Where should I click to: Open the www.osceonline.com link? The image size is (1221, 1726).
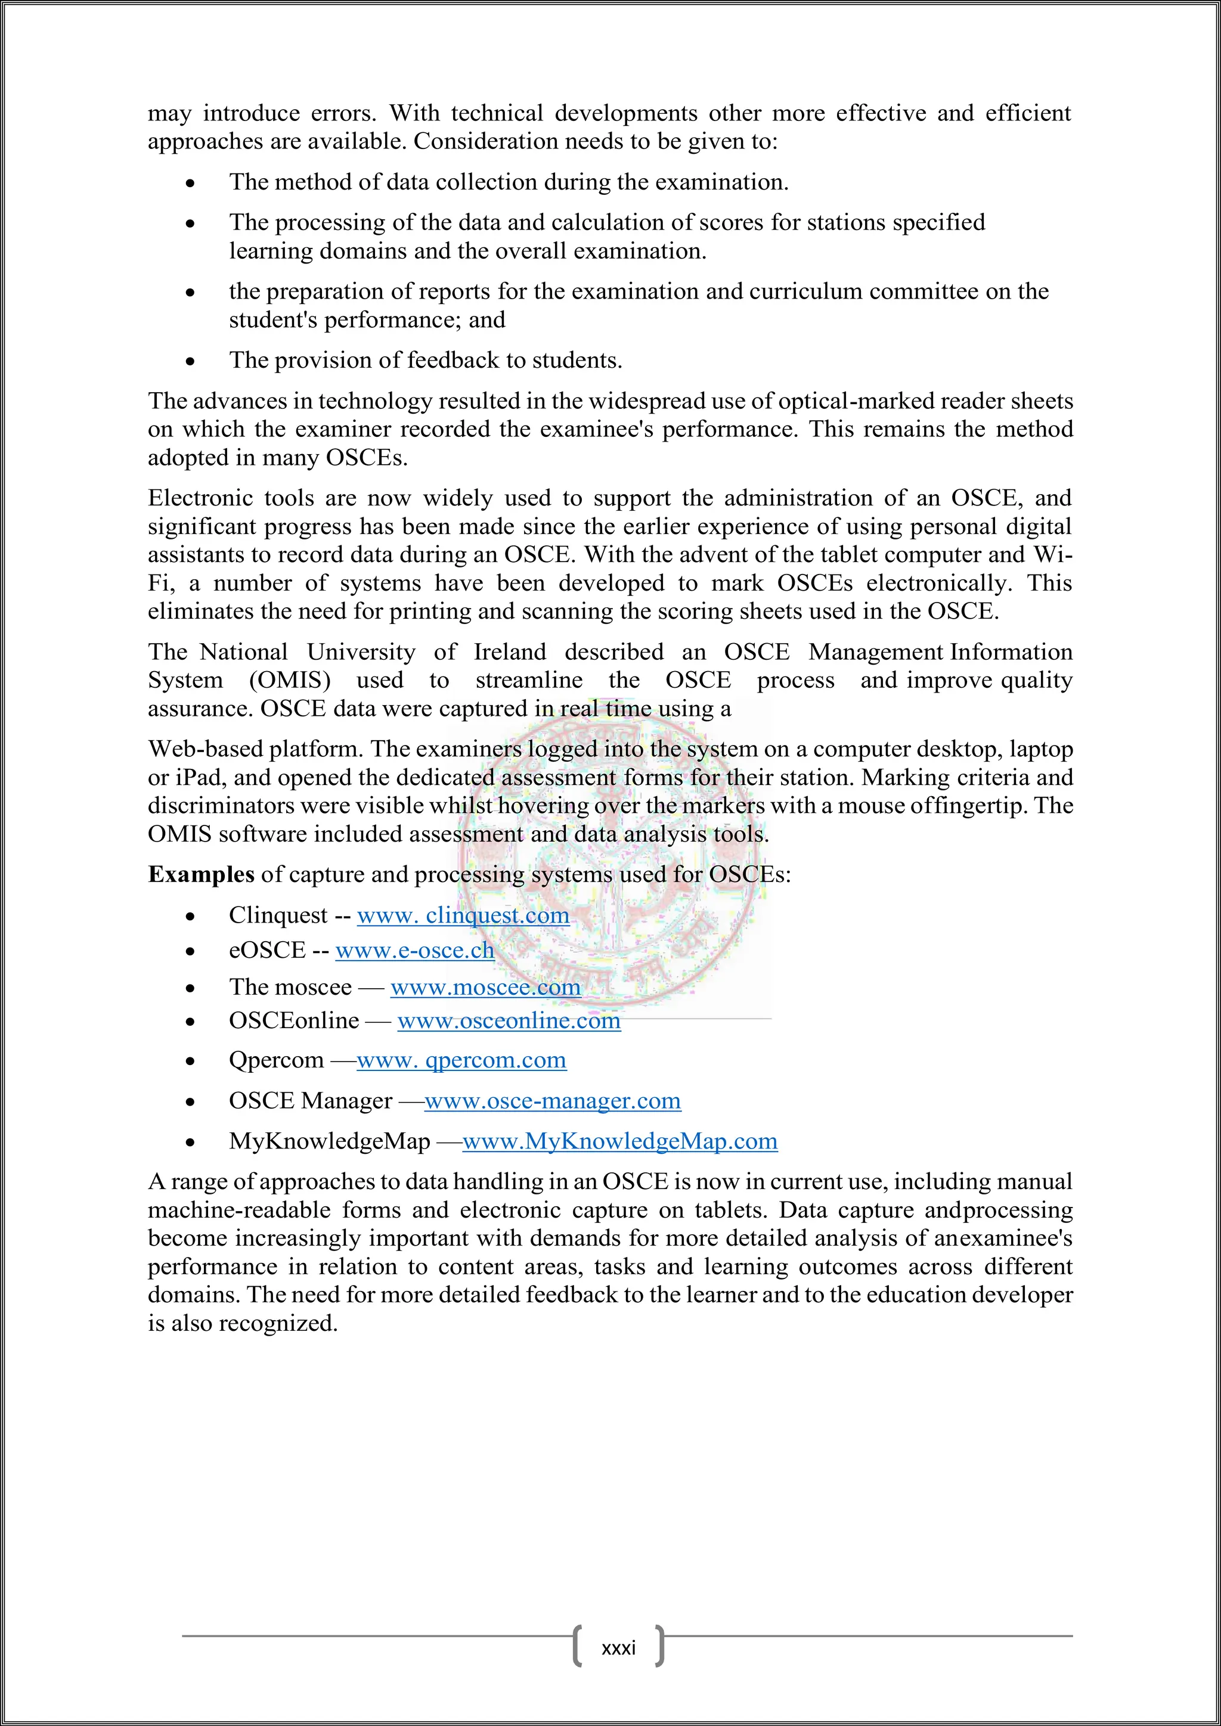tap(509, 1020)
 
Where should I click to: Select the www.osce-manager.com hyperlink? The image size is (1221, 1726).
tap(553, 1101)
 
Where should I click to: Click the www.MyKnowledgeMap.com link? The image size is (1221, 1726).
tap(619, 1141)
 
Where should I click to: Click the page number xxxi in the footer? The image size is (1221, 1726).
tap(619, 1647)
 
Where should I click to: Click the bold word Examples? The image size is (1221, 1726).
tap(201, 874)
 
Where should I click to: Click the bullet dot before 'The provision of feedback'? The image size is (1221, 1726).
tap(191, 362)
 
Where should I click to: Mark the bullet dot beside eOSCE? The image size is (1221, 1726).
tap(191, 952)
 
